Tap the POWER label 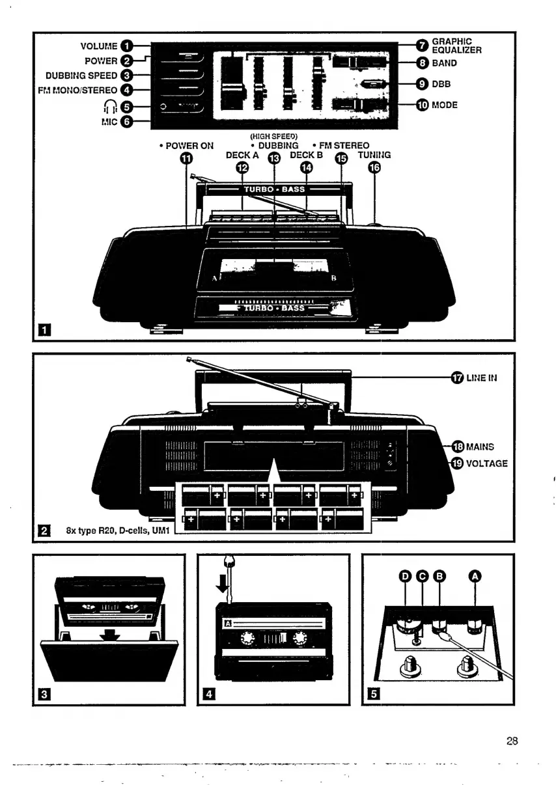tap(100, 61)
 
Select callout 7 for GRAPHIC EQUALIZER tap(422, 46)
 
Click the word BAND tap(446, 64)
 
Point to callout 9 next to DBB tap(422, 84)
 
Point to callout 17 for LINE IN tap(457, 377)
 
